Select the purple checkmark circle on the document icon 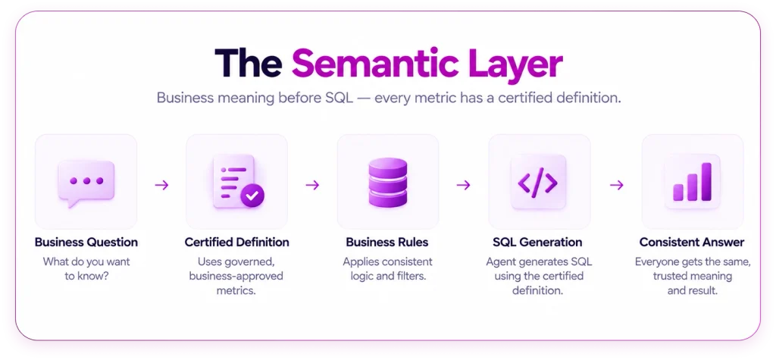[252, 196]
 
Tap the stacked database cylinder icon [388, 182]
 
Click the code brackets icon [537, 182]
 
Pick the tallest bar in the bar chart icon [706, 182]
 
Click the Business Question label [86, 242]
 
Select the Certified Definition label [236, 242]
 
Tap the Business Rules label [387, 242]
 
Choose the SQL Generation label [537, 242]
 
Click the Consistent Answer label [692, 242]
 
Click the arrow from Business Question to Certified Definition [161, 185]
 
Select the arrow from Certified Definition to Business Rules [312, 185]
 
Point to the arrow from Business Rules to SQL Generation [463, 185]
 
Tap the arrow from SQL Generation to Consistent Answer [616, 185]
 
